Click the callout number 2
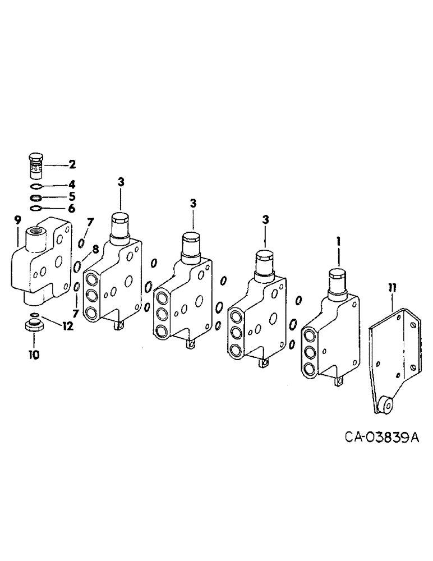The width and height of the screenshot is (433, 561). (x=72, y=165)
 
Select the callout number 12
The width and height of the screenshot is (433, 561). (x=68, y=327)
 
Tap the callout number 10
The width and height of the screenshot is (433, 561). (x=34, y=355)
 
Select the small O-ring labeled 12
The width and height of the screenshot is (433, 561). (x=34, y=314)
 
